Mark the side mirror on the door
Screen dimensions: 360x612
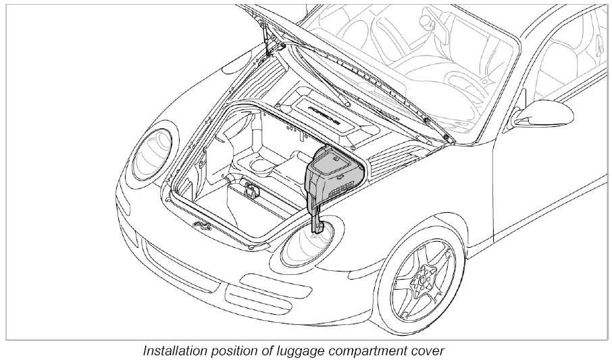[530, 116]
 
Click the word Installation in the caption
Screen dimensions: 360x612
[176, 351]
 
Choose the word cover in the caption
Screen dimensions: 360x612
[431, 351]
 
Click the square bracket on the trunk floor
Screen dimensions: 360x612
[253, 191]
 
